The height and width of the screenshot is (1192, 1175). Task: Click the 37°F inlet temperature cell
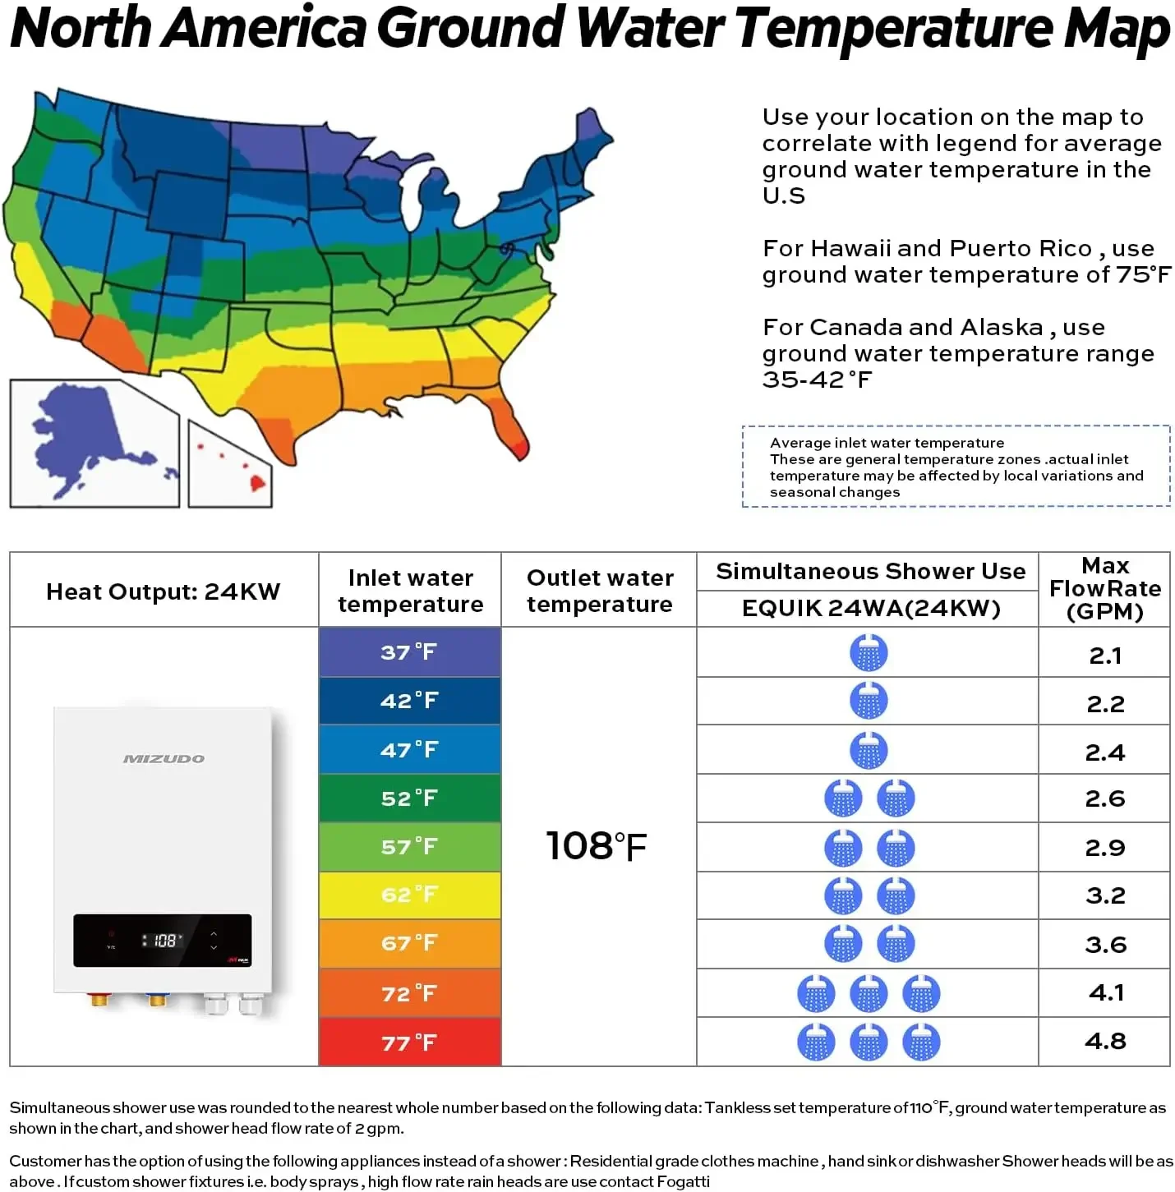(x=410, y=652)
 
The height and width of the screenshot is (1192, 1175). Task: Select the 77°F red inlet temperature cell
(x=410, y=1042)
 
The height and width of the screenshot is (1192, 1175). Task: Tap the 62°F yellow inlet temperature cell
(x=410, y=895)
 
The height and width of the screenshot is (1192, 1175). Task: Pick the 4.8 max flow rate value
(x=1105, y=1041)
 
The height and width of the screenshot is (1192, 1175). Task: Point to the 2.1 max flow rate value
(x=1105, y=655)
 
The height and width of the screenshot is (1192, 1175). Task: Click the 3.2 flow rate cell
(x=1105, y=895)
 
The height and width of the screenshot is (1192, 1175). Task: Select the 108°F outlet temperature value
(x=597, y=845)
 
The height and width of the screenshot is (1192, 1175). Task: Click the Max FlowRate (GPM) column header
(x=1105, y=588)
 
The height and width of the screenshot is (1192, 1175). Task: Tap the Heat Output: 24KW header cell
(x=164, y=591)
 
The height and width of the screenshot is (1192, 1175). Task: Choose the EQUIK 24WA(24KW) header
(x=871, y=608)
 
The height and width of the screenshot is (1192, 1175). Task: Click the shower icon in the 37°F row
(x=869, y=652)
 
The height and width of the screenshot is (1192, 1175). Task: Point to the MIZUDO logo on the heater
(x=164, y=758)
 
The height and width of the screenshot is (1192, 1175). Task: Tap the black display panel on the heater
(x=162, y=941)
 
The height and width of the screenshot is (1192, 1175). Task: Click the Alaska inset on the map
(x=94, y=444)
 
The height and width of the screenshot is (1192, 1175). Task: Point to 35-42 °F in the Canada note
(x=817, y=380)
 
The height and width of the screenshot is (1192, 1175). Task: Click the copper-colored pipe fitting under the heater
(x=99, y=998)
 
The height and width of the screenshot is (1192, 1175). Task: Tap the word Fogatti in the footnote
(x=683, y=1180)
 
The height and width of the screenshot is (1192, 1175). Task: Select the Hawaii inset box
(x=230, y=464)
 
